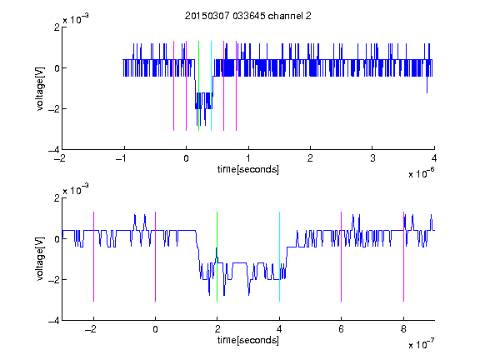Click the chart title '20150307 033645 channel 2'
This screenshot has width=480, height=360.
tap(248, 16)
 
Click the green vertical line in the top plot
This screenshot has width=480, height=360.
tap(198, 86)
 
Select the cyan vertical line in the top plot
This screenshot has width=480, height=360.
tap(211, 86)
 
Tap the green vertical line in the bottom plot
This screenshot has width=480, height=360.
tap(217, 257)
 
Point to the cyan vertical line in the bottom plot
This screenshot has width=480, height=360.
tap(279, 257)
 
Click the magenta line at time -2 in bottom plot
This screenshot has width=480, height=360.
tap(93, 257)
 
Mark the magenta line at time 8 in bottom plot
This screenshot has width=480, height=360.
tap(403, 257)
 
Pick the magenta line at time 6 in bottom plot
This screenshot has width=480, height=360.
tap(342, 257)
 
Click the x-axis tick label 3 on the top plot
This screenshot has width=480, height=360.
tap(372, 158)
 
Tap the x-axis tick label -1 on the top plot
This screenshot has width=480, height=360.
tap(122, 158)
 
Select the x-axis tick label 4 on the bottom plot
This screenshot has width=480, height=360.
tap(279, 329)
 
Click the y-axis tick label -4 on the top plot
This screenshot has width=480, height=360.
tap(54, 150)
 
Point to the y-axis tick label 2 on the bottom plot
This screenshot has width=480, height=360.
tap(57, 198)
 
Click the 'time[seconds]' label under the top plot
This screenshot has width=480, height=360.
tap(248, 169)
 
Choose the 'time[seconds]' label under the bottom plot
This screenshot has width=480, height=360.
tap(248, 340)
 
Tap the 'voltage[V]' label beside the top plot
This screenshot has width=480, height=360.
tap(40, 88)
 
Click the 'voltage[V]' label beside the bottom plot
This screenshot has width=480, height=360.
tap(40, 259)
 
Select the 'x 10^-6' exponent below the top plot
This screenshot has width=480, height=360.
tap(421, 173)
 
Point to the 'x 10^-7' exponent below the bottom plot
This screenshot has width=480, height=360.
tap(421, 344)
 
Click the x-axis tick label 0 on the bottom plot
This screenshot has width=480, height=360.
tap(156, 329)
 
